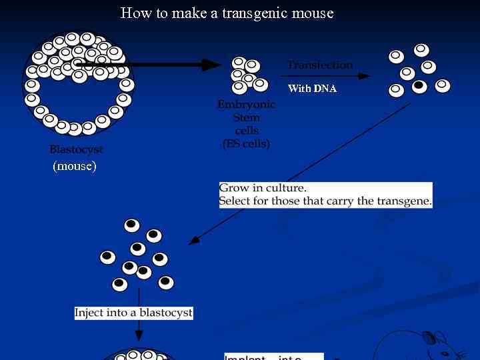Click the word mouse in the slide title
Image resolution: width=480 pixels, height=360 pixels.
(315, 13)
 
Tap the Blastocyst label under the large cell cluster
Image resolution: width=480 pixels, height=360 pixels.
(76, 150)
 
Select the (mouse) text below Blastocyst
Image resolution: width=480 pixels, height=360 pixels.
(75, 166)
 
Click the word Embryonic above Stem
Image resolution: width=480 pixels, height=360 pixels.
(246, 105)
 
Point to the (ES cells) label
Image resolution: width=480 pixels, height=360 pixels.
(246, 143)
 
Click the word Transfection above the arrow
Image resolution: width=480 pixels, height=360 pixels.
(320, 65)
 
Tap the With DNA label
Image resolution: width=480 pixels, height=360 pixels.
(312, 89)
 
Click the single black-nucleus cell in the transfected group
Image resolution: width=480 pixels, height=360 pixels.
(419, 85)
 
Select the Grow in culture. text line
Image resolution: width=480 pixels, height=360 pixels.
(263, 188)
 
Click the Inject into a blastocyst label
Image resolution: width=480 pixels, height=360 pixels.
(133, 313)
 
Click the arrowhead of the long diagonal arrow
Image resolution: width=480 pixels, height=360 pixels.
(193, 241)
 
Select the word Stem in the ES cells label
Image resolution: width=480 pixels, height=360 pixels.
(246, 117)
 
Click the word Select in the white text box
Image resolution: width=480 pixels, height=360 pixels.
(235, 201)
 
